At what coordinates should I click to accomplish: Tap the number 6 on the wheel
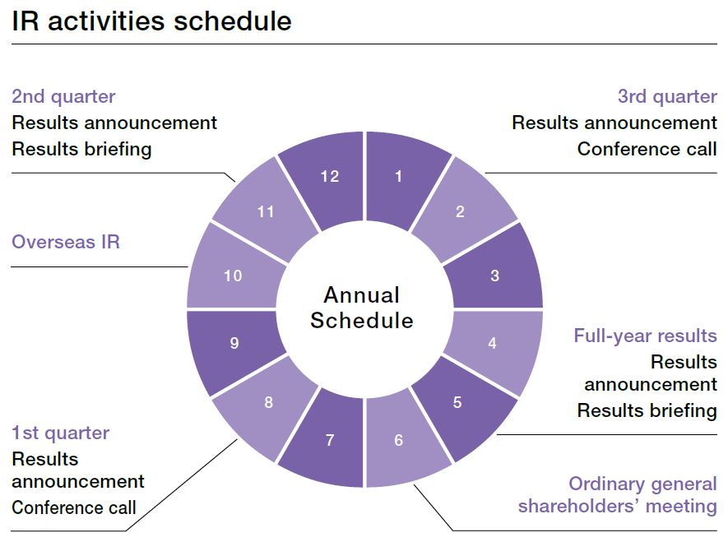398,440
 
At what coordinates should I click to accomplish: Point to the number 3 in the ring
495,276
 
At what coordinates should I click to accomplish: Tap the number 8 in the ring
268,402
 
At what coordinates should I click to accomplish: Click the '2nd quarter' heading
63,97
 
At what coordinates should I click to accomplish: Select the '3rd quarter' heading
667,97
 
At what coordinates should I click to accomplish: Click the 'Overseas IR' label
66,242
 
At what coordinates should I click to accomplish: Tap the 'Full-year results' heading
646,336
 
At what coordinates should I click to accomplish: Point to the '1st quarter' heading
60,433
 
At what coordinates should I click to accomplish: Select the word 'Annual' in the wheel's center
362,295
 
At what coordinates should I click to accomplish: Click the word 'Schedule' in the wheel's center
362,321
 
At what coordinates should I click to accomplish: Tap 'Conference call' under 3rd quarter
647,150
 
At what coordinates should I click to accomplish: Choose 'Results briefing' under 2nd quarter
81,150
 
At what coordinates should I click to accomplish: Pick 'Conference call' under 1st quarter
74,507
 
